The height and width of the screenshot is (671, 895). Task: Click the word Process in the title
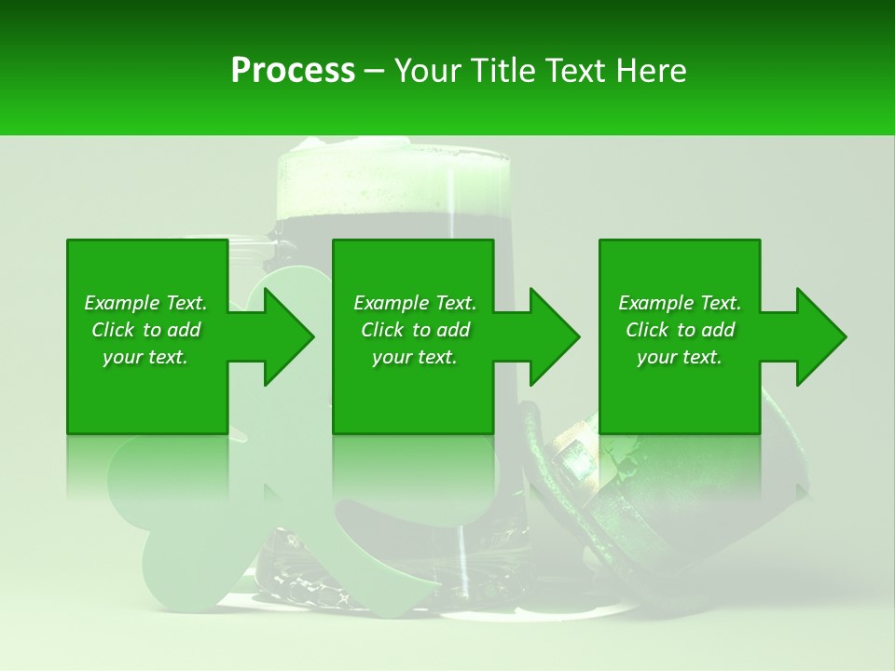click(x=293, y=71)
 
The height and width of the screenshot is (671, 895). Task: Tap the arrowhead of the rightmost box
click(x=819, y=336)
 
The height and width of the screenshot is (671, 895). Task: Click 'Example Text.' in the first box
click(x=145, y=303)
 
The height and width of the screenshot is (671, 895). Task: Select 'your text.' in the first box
click(x=145, y=357)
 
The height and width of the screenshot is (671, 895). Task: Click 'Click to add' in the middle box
click(x=415, y=330)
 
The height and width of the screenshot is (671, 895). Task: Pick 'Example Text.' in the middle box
click(x=415, y=303)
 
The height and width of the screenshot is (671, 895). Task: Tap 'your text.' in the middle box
click(x=415, y=357)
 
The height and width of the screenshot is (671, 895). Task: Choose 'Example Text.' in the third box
click(x=680, y=303)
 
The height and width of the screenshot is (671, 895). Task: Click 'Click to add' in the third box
click(x=680, y=330)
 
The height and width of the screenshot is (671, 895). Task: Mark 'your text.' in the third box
click(x=680, y=357)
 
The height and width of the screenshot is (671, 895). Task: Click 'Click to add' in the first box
click(x=145, y=330)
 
